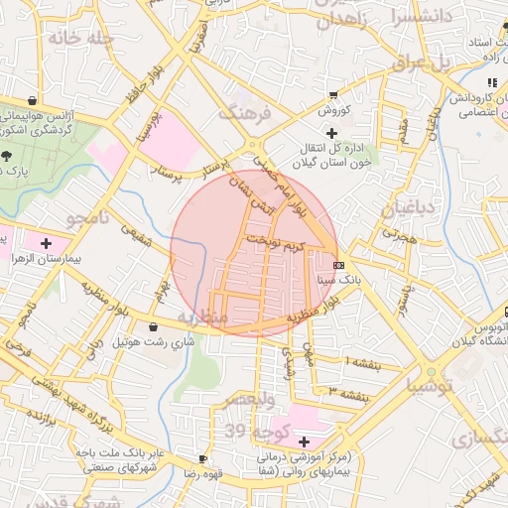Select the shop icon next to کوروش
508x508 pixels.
coord(331,96)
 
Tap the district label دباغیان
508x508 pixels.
coord(408,207)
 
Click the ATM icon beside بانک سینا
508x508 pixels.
coord(339,265)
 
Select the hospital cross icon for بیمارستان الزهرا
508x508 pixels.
coord(46,242)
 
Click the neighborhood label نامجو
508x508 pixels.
coord(91,216)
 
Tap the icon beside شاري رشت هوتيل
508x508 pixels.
coord(153,326)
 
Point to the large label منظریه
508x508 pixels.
coord(202,316)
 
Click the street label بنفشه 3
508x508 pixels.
coord(350,394)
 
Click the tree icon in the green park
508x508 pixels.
coord(8,156)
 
